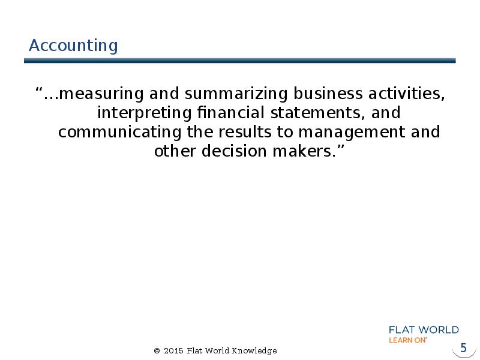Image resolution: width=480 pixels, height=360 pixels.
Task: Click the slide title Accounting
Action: click(73, 46)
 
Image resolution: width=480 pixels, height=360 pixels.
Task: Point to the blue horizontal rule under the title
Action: click(239, 61)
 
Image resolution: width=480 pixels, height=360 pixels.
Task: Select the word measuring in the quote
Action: click(101, 94)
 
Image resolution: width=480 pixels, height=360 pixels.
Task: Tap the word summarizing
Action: click(236, 94)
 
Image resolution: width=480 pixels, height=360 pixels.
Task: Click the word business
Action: click(328, 93)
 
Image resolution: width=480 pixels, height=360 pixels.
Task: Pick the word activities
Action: click(406, 93)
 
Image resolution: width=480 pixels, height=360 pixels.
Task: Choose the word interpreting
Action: click(145, 113)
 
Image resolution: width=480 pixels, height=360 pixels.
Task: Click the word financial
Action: click(230, 112)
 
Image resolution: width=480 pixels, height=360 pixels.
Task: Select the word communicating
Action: click(119, 133)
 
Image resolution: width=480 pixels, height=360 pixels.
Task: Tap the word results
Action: click(245, 132)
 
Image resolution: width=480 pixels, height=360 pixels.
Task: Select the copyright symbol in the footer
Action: click(157, 351)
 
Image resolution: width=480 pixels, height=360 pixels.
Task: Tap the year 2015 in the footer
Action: click(173, 351)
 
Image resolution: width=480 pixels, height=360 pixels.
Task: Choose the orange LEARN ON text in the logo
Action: click(408, 340)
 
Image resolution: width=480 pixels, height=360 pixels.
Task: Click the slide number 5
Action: click(463, 348)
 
